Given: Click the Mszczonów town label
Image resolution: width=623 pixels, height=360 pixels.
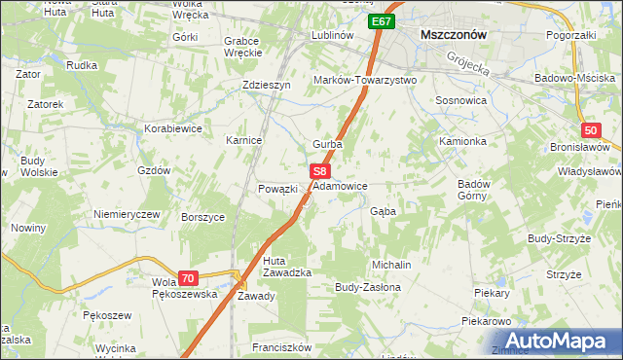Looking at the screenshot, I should point(453,34).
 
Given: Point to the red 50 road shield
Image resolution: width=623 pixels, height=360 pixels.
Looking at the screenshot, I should point(591,130).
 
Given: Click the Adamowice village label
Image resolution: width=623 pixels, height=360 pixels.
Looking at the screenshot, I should point(340,184).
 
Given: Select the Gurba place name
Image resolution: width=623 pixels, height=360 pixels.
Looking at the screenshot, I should point(326,144).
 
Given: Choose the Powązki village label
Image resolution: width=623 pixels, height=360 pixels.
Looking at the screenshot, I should point(276,189).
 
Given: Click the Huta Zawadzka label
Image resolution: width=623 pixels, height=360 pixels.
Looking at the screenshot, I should point(287,266).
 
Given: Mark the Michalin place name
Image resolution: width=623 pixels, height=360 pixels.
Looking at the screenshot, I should point(391,265).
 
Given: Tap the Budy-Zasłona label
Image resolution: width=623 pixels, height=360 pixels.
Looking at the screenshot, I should point(368,288).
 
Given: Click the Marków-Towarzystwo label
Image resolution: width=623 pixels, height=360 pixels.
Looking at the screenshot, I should point(364,80).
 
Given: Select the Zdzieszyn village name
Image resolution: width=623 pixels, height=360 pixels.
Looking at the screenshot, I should point(267,85).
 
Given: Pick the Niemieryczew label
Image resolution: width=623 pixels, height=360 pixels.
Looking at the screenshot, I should point(126,214).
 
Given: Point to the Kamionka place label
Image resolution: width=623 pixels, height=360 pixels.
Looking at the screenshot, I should point(462,141).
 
